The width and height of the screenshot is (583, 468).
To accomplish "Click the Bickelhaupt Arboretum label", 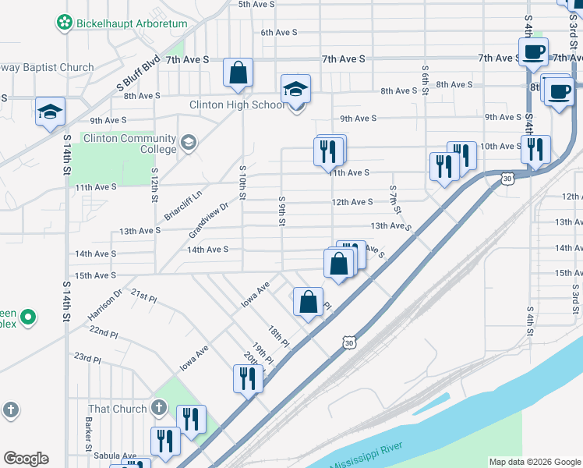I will click(x=132, y=23).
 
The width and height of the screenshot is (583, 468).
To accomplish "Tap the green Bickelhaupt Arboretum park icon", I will click(x=64, y=23).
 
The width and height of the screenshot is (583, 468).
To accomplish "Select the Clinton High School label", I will click(x=237, y=105).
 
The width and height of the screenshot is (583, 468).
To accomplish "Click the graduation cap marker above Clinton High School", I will click(x=296, y=90).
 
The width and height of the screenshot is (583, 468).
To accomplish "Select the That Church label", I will click(x=118, y=409).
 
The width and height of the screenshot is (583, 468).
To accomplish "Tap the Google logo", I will click(x=26, y=459).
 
